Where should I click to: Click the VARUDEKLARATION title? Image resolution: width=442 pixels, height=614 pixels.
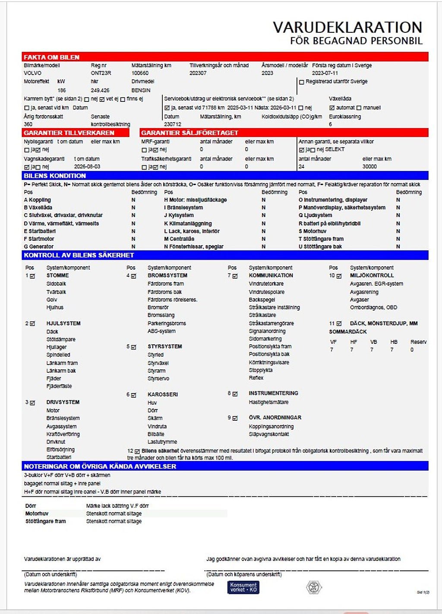pos(347,28)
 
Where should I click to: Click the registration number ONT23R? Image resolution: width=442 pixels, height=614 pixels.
pos(101,73)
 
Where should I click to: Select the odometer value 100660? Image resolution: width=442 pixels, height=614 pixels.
pos(140,73)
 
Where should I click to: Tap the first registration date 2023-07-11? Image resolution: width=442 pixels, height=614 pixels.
pos(325,73)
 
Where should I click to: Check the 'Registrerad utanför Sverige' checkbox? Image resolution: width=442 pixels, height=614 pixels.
pos(302,82)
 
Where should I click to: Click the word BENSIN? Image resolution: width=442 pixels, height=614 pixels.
pos(141,91)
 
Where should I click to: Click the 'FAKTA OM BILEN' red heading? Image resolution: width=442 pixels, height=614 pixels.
pos(51,57)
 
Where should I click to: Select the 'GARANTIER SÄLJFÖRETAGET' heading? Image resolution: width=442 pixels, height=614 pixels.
pos(189,133)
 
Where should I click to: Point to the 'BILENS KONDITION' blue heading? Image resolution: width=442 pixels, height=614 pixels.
pos(55,176)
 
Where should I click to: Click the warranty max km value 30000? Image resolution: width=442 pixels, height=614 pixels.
pos(369,167)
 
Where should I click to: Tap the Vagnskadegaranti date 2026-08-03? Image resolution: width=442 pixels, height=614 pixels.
pos(87,167)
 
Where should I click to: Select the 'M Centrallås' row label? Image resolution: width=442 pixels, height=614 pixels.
pos(179,239)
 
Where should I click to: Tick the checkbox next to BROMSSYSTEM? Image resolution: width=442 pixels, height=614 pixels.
pos(133,276)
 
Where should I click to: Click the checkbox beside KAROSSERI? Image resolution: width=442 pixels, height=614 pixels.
pos(133,395)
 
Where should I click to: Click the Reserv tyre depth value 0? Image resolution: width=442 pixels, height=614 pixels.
pos(412,350)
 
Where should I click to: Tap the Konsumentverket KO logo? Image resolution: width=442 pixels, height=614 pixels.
pos(243,587)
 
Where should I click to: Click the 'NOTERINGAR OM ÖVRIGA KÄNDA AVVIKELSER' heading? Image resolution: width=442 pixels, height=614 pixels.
pos(100,466)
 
